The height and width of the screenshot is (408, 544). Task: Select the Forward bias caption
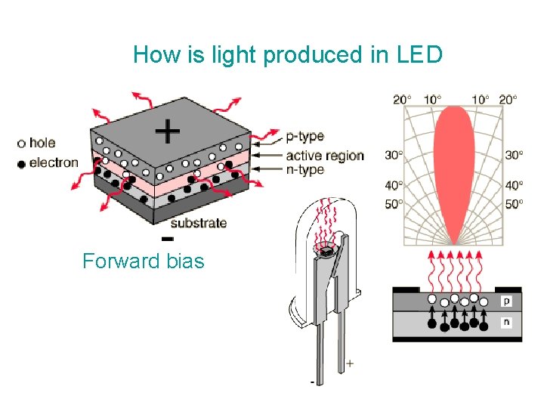tap(144, 261)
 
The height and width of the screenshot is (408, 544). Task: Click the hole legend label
tap(42, 143)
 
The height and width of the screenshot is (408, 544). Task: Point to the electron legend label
tap(53, 162)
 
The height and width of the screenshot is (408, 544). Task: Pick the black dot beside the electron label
tap(21, 163)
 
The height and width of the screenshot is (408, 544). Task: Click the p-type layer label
tap(304, 137)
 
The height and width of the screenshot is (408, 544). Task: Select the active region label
tap(324, 156)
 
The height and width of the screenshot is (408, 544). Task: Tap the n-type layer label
tap(304, 169)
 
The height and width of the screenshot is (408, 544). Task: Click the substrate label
tap(198, 222)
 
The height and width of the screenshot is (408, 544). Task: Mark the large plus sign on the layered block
tap(167, 132)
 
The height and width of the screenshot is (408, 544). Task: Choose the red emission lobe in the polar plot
tap(454, 166)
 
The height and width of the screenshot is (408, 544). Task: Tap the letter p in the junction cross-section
tap(507, 301)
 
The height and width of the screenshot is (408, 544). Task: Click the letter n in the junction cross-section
tap(507, 323)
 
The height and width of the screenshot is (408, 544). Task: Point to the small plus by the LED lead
tap(349, 363)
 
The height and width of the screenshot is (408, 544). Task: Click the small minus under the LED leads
tap(313, 382)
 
